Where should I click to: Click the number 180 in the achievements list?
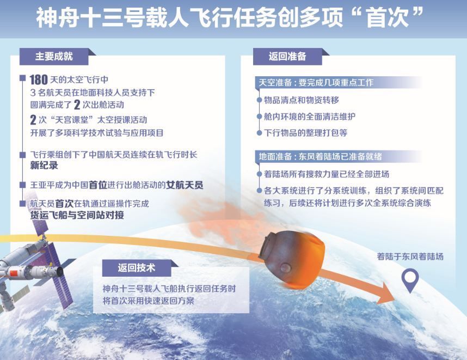[x=39, y=80]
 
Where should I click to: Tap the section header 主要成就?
[x=54, y=56]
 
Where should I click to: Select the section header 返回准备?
[x=287, y=56]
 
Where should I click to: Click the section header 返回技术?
[x=137, y=267]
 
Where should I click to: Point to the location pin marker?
[x=410, y=280]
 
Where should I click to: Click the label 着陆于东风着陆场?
[x=410, y=257]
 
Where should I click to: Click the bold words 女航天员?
[x=185, y=185]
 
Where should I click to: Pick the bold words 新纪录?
[x=44, y=166]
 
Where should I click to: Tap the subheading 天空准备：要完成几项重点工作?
[x=316, y=83]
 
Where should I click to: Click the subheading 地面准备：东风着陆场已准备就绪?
[x=320, y=156]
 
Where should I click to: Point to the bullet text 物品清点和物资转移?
[x=302, y=100]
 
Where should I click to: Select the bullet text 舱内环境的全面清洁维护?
[x=310, y=116]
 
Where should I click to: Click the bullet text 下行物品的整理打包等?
[x=305, y=132]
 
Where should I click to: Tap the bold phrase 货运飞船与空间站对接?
[x=77, y=215]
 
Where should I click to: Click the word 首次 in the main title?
[x=387, y=17]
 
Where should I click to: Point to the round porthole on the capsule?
[x=286, y=266]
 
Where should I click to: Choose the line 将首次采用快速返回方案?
[x=149, y=301]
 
